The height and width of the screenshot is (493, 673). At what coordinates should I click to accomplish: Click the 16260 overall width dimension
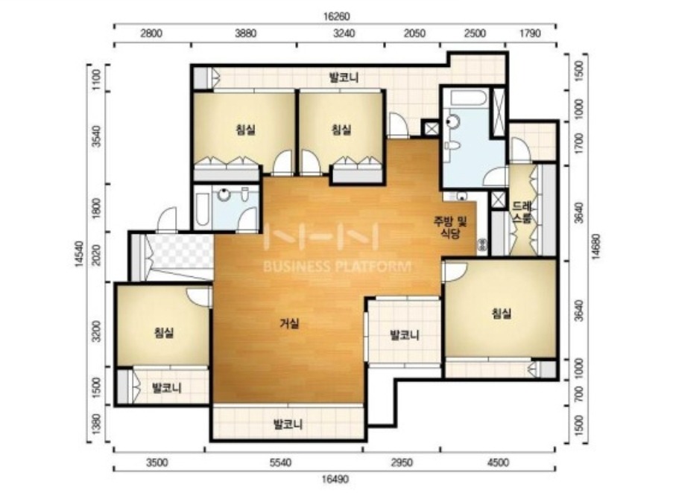pyautogui.click(x=337, y=16)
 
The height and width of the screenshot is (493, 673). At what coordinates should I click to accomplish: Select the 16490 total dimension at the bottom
pyautogui.click(x=335, y=479)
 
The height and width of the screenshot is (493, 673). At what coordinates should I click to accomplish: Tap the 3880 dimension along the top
pyautogui.click(x=245, y=34)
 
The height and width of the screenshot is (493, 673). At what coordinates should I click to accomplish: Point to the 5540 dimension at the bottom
pyautogui.click(x=279, y=462)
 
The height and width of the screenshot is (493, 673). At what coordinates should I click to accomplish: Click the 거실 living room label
pyautogui.click(x=290, y=324)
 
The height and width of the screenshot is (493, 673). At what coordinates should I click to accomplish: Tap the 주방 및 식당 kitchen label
pyautogui.click(x=449, y=228)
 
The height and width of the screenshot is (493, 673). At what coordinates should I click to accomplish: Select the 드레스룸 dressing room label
pyautogui.click(x=522, y=212)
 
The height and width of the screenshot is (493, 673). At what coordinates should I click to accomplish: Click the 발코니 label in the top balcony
pyautogui.click(x=344, y=78)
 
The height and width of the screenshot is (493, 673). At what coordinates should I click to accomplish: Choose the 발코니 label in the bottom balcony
pyautogui.click(x=288, y=424)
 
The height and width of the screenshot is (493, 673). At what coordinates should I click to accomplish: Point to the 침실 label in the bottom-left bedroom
pyautogui.click(x=164, y=332)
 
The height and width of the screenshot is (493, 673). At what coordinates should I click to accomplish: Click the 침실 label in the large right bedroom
pyautogui.click(x=502, y=314)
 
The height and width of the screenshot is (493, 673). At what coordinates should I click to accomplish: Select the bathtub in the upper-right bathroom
pyautogui.click(x=468, y=98)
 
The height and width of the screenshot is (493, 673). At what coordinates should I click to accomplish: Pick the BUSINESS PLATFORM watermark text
pyautogui.click(x=337, y=267)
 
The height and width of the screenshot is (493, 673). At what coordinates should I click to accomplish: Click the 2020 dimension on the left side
pyautogui.click(x=97, y=255)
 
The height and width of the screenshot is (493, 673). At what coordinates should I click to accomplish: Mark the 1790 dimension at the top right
pyautogui.click(x=530, y=34)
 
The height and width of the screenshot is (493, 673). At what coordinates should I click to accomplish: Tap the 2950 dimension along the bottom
pyautogui.click(x=401, y=462)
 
